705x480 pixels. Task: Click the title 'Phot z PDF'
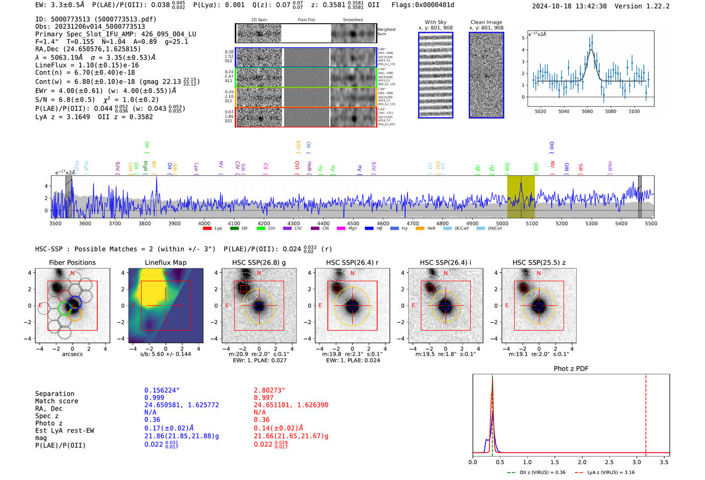coord(571,369)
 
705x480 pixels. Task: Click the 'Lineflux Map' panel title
coord(165,262)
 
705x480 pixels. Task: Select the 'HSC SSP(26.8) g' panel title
coord(259,262)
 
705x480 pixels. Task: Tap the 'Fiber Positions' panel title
coord(72,262)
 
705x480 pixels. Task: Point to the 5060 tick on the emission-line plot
coord(587,111)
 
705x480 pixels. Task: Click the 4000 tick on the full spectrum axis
coord(204,224)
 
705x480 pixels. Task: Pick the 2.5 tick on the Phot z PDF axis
coord(609,462)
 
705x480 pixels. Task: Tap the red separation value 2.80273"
coord(269,390)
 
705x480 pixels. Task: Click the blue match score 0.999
coord(154,398)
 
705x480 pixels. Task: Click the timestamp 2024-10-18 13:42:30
coord(569,6)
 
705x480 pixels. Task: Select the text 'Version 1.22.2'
coord(643,6)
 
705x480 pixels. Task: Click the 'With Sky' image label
coord(435,22)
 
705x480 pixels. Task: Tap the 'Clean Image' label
coord(486,22)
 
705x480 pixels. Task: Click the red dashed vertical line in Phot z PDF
coord(646,413)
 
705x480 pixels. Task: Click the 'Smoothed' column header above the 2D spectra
coord(352,20)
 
